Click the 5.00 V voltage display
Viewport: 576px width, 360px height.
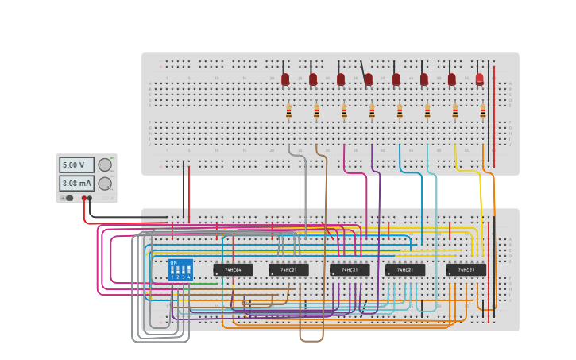76,165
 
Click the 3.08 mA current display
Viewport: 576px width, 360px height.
76,184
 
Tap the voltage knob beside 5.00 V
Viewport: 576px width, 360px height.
105,165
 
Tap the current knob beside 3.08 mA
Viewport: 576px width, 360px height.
105,184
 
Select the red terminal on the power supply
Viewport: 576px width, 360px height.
83,198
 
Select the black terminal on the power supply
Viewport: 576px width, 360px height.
90,198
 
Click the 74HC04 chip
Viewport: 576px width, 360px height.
233,269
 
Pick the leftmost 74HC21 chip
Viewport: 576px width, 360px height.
288,269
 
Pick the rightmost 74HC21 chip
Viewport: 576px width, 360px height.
466,269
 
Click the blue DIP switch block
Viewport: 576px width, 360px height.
180,269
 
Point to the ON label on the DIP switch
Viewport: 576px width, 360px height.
174,262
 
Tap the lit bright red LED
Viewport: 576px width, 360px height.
479,79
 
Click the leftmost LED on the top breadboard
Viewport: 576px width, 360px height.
285,79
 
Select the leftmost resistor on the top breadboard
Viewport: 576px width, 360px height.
288,112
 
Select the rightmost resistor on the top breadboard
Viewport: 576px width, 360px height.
482,112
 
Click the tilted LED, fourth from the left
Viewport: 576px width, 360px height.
368,79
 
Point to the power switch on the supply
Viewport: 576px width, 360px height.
69,198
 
